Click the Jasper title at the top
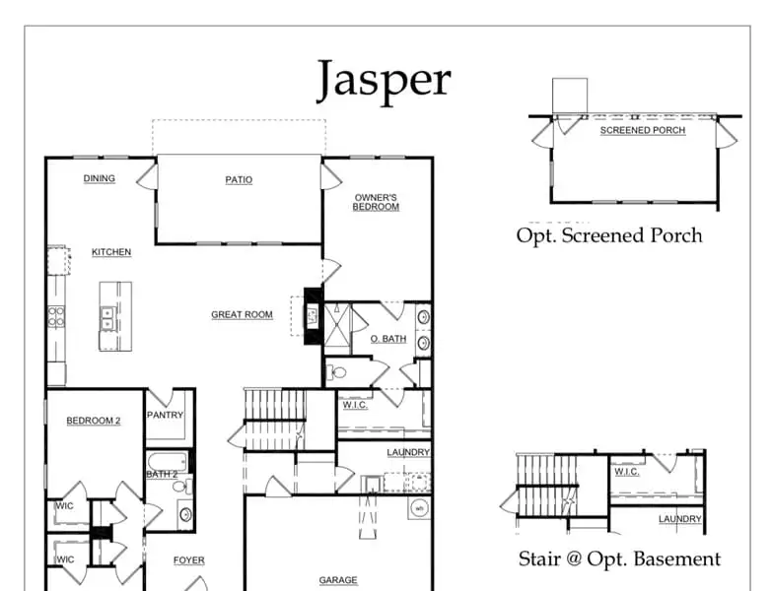384,80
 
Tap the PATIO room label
239,180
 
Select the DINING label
99,178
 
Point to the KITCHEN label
111,252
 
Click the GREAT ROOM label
242,314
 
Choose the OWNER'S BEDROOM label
376,202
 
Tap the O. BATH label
388,339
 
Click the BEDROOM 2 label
94,421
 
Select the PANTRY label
165,415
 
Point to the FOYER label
189,560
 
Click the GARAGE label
338,580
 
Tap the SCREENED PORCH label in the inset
643,130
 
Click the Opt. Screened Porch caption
609,235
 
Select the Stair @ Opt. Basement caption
619,559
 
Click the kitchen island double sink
106,318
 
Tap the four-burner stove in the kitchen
55,316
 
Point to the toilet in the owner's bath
336,372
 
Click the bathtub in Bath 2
168,462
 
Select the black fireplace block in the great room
314,316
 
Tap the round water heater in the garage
419,508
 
